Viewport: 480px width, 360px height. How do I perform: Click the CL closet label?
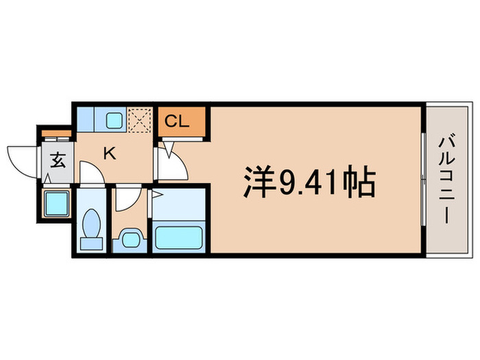176,123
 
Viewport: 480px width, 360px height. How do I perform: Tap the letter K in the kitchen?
109,153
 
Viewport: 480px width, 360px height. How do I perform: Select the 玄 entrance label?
58,163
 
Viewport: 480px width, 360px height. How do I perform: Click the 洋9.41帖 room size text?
308,183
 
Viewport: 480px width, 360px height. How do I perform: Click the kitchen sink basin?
114,121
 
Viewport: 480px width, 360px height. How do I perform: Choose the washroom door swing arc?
126,198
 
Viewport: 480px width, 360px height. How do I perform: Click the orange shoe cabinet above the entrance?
55,132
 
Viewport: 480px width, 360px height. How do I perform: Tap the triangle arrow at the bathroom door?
156,195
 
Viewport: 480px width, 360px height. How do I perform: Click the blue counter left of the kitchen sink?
87,121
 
